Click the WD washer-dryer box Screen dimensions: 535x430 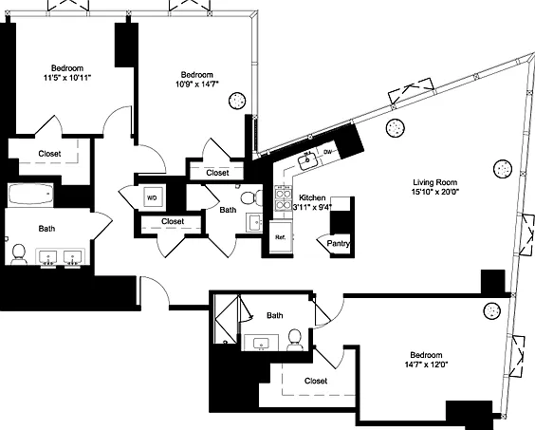click(152, 197)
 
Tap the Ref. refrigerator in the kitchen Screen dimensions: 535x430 click(281, 237)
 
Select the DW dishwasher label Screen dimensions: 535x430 click(327, 152)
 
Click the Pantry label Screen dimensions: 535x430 click(338, 244)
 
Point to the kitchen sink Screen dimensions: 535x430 click(308, 160)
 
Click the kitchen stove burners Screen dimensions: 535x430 click(284, 199)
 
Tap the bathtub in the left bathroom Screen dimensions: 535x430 click(30, 194)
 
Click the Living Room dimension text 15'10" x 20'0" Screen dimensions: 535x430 click(435, 192)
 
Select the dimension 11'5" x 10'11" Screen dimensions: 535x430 click(67, 78)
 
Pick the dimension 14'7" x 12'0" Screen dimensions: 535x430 click(426, 365)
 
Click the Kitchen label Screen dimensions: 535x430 click(312, 197)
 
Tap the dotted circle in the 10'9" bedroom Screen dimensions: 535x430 click(237, 101)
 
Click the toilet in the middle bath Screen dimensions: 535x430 click(251, 197)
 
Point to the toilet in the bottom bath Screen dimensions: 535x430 click(295, 340)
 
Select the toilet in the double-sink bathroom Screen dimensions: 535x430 click(19, 254)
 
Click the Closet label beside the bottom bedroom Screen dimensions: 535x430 click(316, 381)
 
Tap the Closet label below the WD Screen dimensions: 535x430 click(173, 221)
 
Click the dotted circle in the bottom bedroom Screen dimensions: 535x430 click(492, 310)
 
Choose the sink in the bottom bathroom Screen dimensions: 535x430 click(262, 343)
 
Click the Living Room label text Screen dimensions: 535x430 click(435, 182)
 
